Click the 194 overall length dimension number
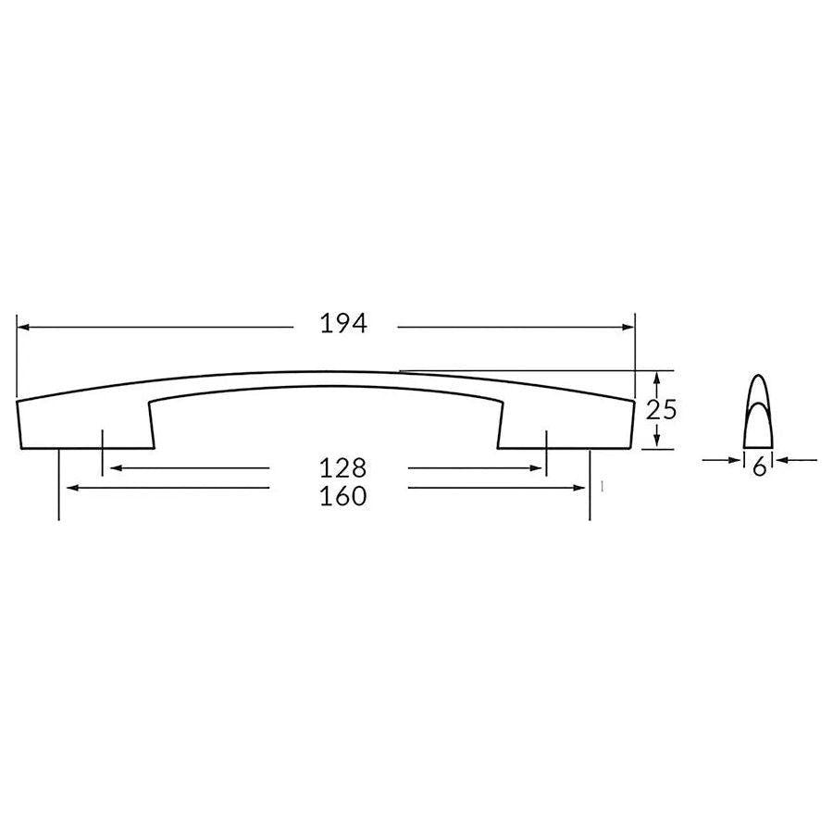coord(344,324)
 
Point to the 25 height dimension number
coord(663,409)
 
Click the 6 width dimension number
coord(759,467)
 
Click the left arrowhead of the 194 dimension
coord(23,327)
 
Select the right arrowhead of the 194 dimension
coord(628,327)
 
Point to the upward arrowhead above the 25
coord(655,378)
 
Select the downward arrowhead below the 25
coord(655,441)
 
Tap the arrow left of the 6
coord(737,459)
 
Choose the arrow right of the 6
coord(783,459)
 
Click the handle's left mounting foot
coord(83,426)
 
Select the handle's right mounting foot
coord(565,426)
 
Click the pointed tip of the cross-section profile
coord(759,375)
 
